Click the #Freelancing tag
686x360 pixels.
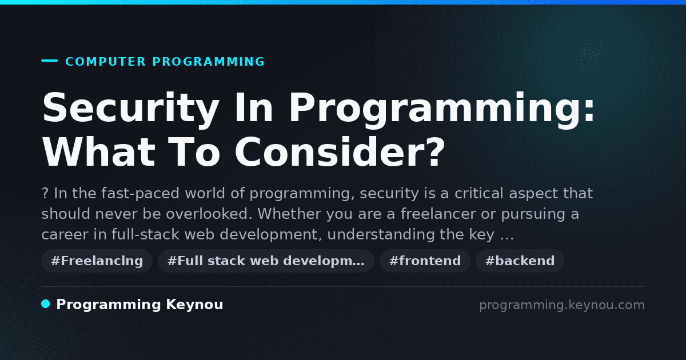(x=97, y=261)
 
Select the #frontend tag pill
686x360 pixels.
(x=425, y=261)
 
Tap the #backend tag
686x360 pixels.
(x=520, y=261)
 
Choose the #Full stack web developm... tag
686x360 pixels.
(x=266, y=261)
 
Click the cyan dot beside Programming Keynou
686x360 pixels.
(x=46, y=304)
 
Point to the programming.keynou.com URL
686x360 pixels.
(x=562, y=305)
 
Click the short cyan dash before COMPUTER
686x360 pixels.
(x=49, y=61)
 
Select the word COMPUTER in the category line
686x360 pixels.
(x=105, y=62)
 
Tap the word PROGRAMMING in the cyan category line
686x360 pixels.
(x=208, y=62)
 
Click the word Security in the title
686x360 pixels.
(x=131, y=109)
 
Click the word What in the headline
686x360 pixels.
(x=98, y=152)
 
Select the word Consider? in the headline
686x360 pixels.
(x=340, y=152)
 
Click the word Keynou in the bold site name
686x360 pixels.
(x=194, y=305)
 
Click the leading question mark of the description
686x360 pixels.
(x=45, y=194)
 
